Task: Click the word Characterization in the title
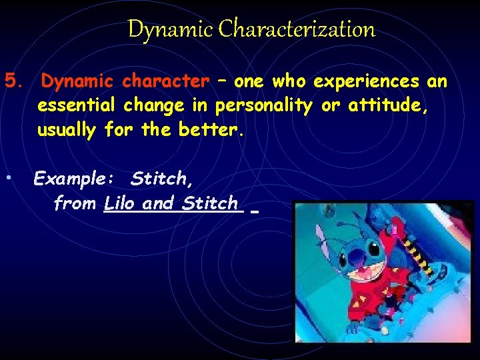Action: pyautogui.click(x=297, y=29)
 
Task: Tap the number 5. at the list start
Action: pyautogui.click(x=15, y=82)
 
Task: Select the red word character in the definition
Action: pyautogui.click(x=166, y=82)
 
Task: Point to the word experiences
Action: pyautogui.click(x=366, y=82)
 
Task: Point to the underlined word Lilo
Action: pyautogui.click(x=121, y=203)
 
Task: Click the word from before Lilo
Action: pyautogui.click(x=75, y=203)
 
